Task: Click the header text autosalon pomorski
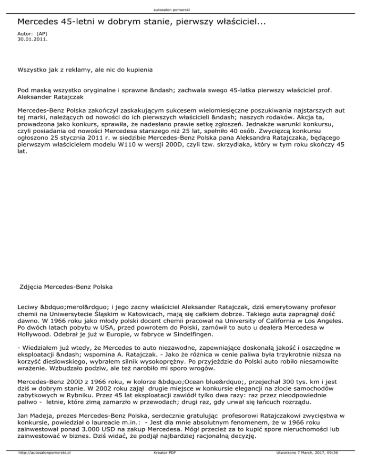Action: (183, 10)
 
